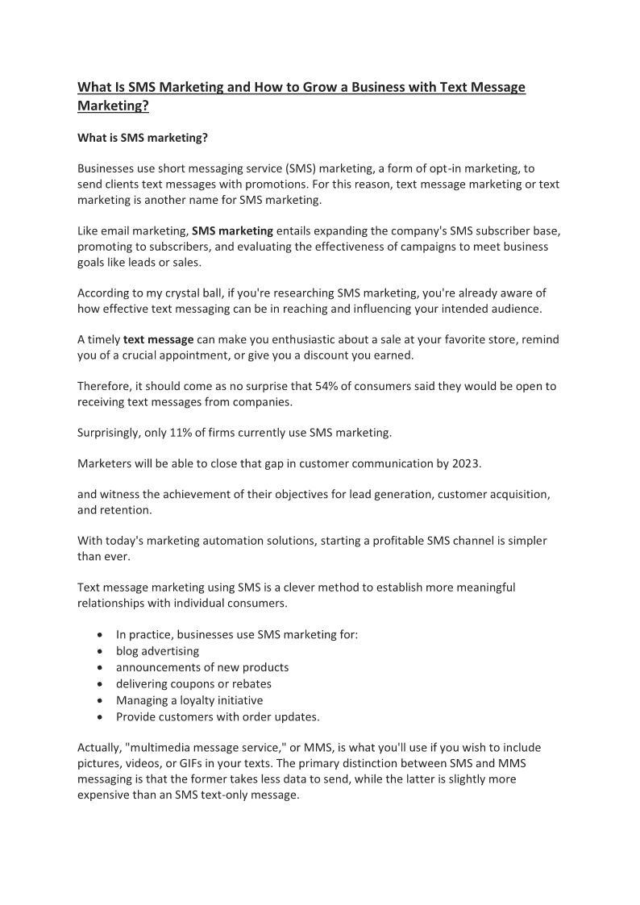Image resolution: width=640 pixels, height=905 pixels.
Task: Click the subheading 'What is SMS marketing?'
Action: pyautogui.click(x=143, y=138)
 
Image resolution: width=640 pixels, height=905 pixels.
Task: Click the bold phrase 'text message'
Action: pyautogui.click(x=159, y=339)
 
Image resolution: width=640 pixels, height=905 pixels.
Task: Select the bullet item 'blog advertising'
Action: pyautogui.click(x=157, y=650)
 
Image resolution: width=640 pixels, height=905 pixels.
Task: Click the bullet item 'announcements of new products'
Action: pyautogui.click(x=202, y=667)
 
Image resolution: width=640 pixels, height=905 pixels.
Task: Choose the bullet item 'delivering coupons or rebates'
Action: pyautogui.click(x=193, y=683)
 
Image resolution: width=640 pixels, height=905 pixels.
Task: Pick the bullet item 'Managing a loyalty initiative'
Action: pyautogui.click(x=189, y=700)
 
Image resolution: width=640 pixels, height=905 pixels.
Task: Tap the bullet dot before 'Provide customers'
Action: pyautogui.click(x=99, y=716)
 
